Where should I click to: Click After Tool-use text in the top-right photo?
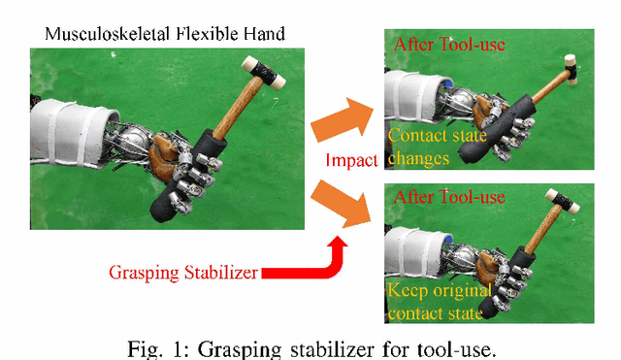coord(450,45)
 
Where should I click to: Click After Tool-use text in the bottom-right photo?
coord(449,197)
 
